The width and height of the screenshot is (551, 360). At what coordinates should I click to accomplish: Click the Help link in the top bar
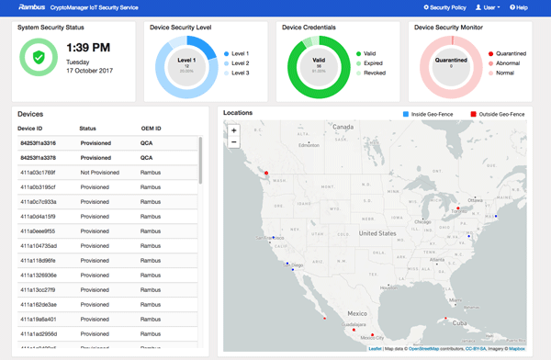pyautogui.click(x=519, y=7)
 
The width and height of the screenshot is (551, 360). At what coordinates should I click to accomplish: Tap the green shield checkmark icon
pyautogui.click(x=39, y=57)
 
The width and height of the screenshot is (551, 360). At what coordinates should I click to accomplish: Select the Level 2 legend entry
pyautogui.click(x=241, y=62)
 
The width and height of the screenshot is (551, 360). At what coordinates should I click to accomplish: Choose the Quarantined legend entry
pyautogui.click(x=511, y=54)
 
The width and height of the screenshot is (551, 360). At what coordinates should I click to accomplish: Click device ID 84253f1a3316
pyautogui.click(x=39, y=142)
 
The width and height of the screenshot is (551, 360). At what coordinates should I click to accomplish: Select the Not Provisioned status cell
pyautogui.click(x=100, y=172)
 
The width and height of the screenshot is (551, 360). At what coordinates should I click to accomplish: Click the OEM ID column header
pyautogui.click(x=151, y=128)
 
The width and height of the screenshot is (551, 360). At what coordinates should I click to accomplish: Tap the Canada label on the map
pyautogui.click(x=343, y=126)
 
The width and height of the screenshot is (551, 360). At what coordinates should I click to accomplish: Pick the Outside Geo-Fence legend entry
pyautogui.click(x=498, y=114)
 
